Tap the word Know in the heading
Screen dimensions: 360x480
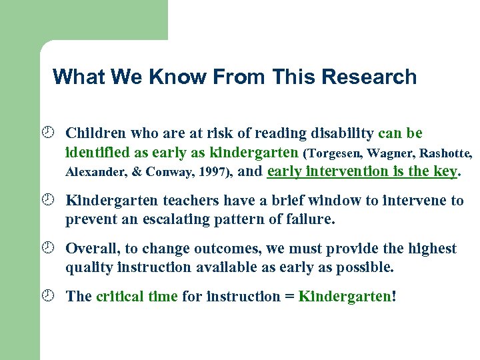179,77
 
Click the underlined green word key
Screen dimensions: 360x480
445,171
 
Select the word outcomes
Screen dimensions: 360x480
225,249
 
